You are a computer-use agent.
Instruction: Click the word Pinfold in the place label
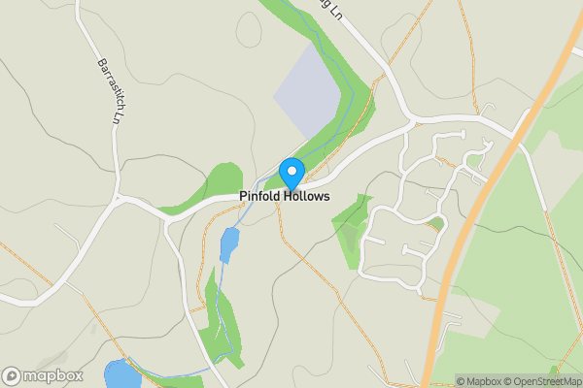point(263,197)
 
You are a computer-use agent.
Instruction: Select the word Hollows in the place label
point(308,197)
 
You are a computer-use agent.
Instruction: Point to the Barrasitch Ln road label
point(109,89)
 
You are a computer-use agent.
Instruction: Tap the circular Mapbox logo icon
point(13,375)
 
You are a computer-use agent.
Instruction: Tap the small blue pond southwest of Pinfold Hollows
point(228,245)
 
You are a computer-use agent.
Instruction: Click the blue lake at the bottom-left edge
point(121,374)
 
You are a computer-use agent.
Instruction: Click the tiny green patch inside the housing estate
point(437,223)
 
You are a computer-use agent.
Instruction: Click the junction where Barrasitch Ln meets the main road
point(119,199)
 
